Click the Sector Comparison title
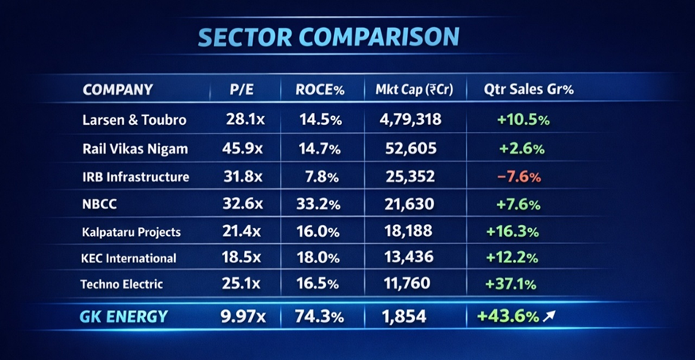coord(328,37)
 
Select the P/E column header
coord(242,90)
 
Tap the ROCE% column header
coord(320,90)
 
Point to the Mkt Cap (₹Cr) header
coord(414,90)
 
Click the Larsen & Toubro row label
coord(134,120)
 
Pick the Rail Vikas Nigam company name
coord(135,149)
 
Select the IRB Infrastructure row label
coord(136,176)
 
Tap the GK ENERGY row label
coord(124,316)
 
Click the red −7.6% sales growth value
coord(518,176)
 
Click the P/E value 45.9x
coord(243,149)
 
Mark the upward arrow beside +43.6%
coord(549,316)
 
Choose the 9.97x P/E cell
coord(243,316)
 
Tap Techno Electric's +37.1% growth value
coord(510,284)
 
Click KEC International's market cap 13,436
coord(408,257)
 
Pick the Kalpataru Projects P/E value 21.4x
coord(243,232)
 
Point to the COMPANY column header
coord(118,90)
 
